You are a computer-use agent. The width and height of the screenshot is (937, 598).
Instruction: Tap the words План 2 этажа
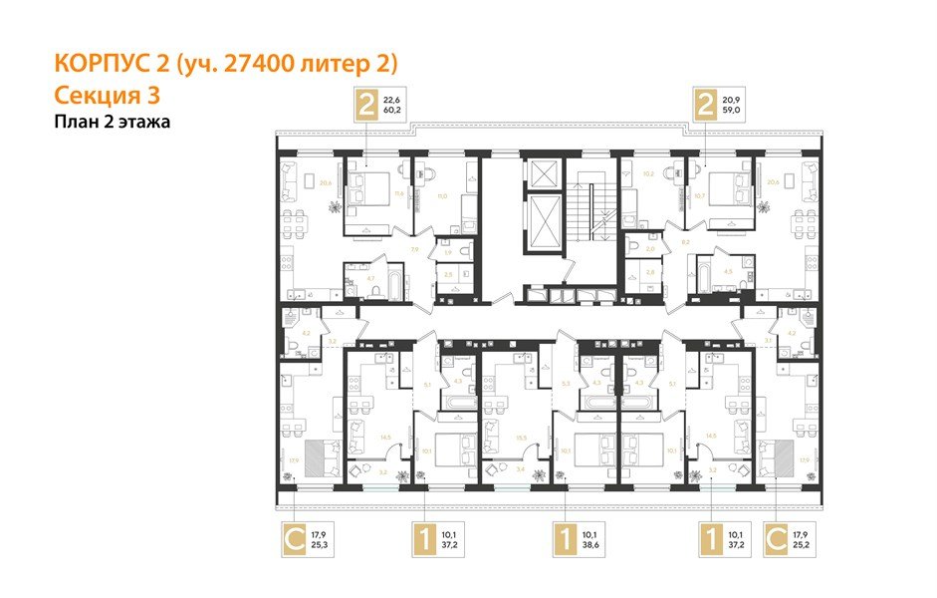113,123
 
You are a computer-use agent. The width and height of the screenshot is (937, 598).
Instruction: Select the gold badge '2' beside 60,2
367,105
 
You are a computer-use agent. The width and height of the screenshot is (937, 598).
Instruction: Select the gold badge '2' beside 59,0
705,105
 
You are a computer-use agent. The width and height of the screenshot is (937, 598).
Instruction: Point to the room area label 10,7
698,195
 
